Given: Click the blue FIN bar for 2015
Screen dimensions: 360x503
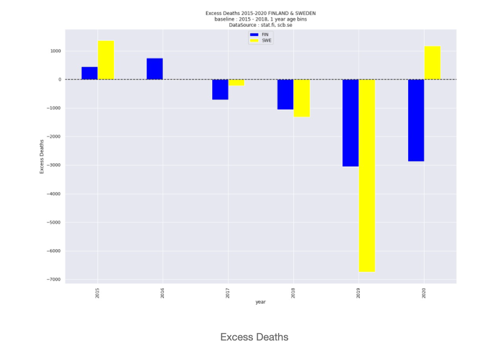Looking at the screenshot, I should click(x=90, y=73).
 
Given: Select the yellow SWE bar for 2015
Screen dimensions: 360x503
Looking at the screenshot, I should click(x=106, y=60).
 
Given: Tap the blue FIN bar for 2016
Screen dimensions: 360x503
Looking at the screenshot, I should click(x=154, y=69).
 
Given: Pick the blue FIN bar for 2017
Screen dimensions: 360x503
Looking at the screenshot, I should click(x=220, y=90).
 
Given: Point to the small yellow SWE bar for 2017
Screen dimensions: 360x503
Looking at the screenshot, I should click(x=236, y=82).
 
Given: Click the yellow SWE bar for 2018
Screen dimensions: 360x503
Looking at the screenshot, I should click(x=302, y=98).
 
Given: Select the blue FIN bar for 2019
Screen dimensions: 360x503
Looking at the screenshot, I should click(x=351, y=123).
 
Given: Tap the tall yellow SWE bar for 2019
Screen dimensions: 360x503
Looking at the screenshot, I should click(x=367, y=176).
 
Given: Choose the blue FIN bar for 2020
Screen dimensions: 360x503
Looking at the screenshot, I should click(x=416, y=120).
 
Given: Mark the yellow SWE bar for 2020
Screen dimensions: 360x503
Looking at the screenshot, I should click(x=432, y=63).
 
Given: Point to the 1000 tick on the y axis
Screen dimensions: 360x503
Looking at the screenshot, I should click(x=55, y=51).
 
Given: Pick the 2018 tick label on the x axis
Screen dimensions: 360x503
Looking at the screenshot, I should click(x=293, y=293).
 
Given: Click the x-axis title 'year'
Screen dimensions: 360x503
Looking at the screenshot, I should click(x=261, y=302).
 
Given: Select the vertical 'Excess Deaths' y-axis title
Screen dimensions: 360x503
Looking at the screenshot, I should click(x=42, y=157).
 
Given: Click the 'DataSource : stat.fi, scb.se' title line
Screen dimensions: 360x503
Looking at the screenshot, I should click(x=261, y=25).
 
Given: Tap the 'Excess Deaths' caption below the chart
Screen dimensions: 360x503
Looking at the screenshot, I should click(x=254, y=337).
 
